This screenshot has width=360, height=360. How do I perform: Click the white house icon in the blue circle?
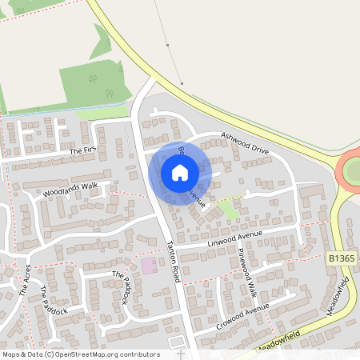click(x=180, y=173)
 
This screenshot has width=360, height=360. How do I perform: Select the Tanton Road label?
click(x=176, y=261)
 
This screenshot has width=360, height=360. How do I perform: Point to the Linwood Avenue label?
click(x=236, y=238)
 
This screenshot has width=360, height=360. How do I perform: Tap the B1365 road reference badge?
click(x=342, y=259)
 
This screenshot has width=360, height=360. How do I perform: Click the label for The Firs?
click(x=82, y=150)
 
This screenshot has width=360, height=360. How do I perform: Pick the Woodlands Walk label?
click(x=70, y=190)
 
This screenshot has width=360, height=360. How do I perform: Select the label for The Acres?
click(x=25, y=281)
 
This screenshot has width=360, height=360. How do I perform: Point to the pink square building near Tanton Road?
click(x=149, y=265)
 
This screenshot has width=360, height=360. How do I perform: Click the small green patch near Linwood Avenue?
click(x=228, y=210)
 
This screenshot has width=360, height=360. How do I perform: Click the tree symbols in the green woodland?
click(x=93, y=79)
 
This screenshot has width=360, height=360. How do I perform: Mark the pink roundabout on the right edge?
click(x=350, y=170)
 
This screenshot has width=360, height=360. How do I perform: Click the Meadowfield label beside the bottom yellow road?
click(x=279, y=342)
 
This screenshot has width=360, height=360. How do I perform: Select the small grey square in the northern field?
click(x=182, y=82)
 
